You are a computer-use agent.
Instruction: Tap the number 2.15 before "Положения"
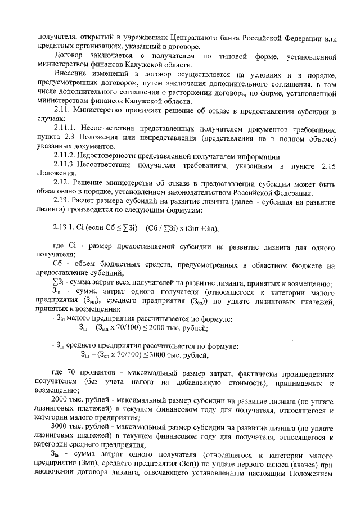327,165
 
